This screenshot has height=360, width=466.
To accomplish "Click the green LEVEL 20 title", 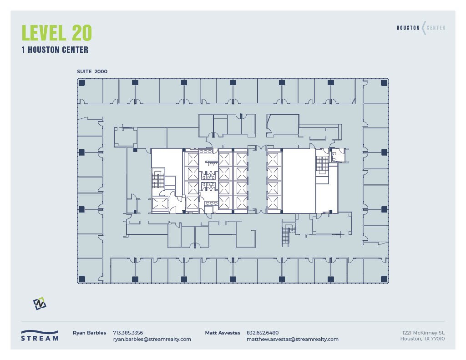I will [57, 33].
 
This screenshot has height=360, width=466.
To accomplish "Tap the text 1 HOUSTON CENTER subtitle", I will [55, 50].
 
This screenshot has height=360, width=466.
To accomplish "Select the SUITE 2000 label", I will [92, 71].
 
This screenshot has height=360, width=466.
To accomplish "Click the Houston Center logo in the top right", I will [420, 28].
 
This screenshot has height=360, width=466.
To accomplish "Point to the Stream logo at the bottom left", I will [40, 335].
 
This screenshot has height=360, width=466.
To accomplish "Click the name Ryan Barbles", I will [90, 333].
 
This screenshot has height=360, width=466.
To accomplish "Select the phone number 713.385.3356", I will [128, 333].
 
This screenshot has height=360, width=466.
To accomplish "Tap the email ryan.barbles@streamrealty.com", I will [152, 339].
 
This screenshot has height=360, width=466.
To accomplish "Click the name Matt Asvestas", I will [223, 333].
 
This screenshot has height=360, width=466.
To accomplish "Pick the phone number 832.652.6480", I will [263, 333].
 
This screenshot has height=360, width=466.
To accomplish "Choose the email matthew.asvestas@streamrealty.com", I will [292, 339].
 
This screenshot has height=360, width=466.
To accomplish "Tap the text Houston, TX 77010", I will [422, 339].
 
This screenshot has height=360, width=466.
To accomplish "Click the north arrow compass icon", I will [40, 304].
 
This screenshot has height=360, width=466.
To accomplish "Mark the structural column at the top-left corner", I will [82, 83].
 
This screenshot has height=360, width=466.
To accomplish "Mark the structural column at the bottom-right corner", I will [384, 279].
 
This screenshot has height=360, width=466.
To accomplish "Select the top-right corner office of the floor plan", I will [375, 91].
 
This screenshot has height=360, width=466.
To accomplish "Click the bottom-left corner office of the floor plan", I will [90, 270].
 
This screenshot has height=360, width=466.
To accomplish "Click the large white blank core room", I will [299, 180].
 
